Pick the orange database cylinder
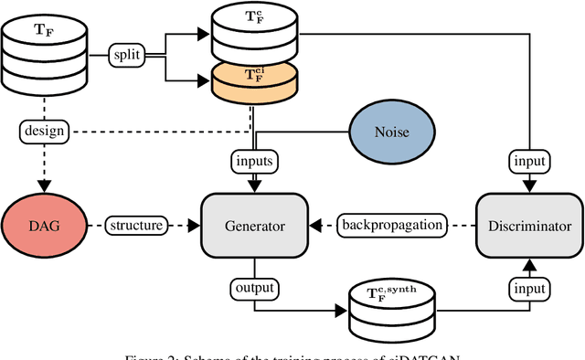pyautogui.click(x=255, y=83)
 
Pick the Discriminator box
pyautogui.click(x=528, y=225)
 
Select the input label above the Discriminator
pyautogui.click(x=528, y=161)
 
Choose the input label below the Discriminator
pyautogui.click(x=528, y=289)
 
